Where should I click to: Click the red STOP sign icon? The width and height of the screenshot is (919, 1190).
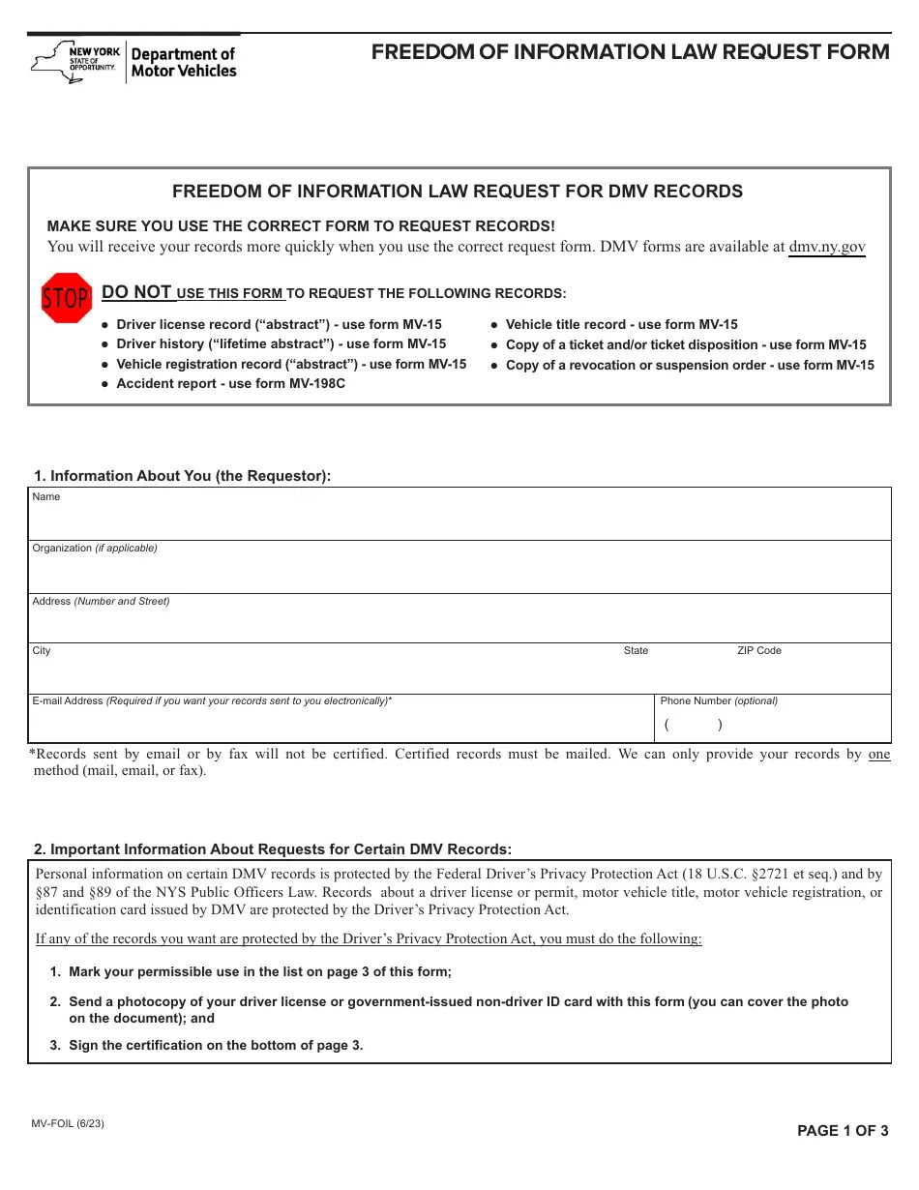66,298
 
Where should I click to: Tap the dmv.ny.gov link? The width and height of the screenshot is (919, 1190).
827,247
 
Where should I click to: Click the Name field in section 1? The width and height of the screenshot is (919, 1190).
459,520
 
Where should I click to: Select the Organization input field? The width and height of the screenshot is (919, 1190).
459,572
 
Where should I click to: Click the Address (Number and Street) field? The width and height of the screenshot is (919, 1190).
459,623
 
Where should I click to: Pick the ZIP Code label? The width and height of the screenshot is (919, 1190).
758,651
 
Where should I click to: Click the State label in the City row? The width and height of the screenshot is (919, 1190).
636,651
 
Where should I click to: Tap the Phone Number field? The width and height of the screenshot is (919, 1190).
772,724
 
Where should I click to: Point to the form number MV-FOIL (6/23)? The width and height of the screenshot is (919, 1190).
68,1124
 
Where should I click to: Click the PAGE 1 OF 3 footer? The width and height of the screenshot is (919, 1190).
843,1131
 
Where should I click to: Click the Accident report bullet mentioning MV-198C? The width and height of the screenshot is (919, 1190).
230,384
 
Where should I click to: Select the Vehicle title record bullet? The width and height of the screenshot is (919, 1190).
621,325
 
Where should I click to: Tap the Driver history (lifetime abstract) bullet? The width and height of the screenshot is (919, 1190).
281,344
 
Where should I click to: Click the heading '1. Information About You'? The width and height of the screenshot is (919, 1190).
182,476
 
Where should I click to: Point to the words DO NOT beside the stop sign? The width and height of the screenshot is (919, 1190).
136,292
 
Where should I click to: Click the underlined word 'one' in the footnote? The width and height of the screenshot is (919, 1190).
878,755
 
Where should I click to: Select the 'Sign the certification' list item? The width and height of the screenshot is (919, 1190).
216,1045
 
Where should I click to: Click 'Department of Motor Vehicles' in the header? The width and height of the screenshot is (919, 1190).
183,63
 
